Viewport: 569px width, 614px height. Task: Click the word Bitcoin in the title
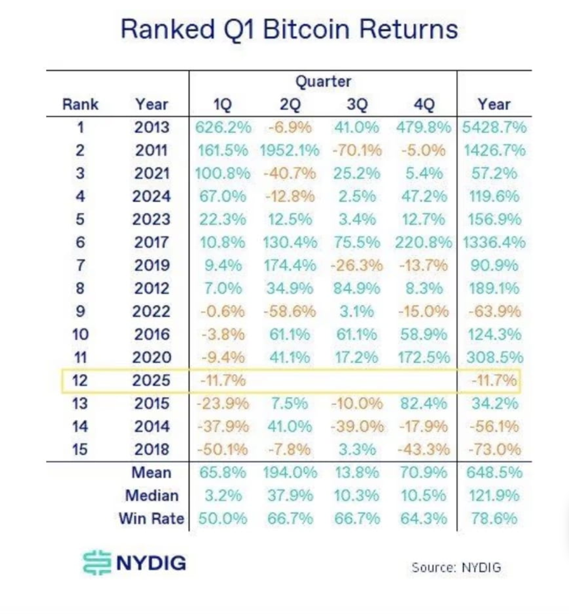tap(306, 29)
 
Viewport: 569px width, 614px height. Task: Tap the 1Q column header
tap(222, 104)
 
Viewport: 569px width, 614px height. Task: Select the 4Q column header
tap(423, 104)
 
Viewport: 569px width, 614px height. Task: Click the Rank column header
tap(80, 104)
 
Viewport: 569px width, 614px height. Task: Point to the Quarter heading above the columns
tap(323, 82)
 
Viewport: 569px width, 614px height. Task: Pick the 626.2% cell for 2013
tap(223, 128)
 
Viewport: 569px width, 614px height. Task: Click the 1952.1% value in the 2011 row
tap(289, 150)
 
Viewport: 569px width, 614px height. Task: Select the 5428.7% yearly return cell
tap(494, 128)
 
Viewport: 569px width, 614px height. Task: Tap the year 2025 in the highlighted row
tap(152, 381)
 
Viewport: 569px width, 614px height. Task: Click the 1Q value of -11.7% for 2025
tap(223, 381)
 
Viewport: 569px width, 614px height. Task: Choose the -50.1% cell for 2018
tap(223, 449)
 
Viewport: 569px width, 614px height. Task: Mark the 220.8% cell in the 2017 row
tap(423, 242)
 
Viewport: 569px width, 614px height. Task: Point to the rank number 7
tap(80, 265)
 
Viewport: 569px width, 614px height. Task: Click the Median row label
tap(152, 495)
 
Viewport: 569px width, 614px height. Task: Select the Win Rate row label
tap(152, 518)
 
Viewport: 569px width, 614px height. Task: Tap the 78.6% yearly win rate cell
tap(494, 518)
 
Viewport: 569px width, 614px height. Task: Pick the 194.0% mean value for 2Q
tap(289, 472)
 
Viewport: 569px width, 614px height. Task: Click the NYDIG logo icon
tap(96, 563)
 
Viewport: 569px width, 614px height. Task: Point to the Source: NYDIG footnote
tap(456, 567)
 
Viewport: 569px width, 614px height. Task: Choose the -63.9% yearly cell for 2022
tap(494, 311)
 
